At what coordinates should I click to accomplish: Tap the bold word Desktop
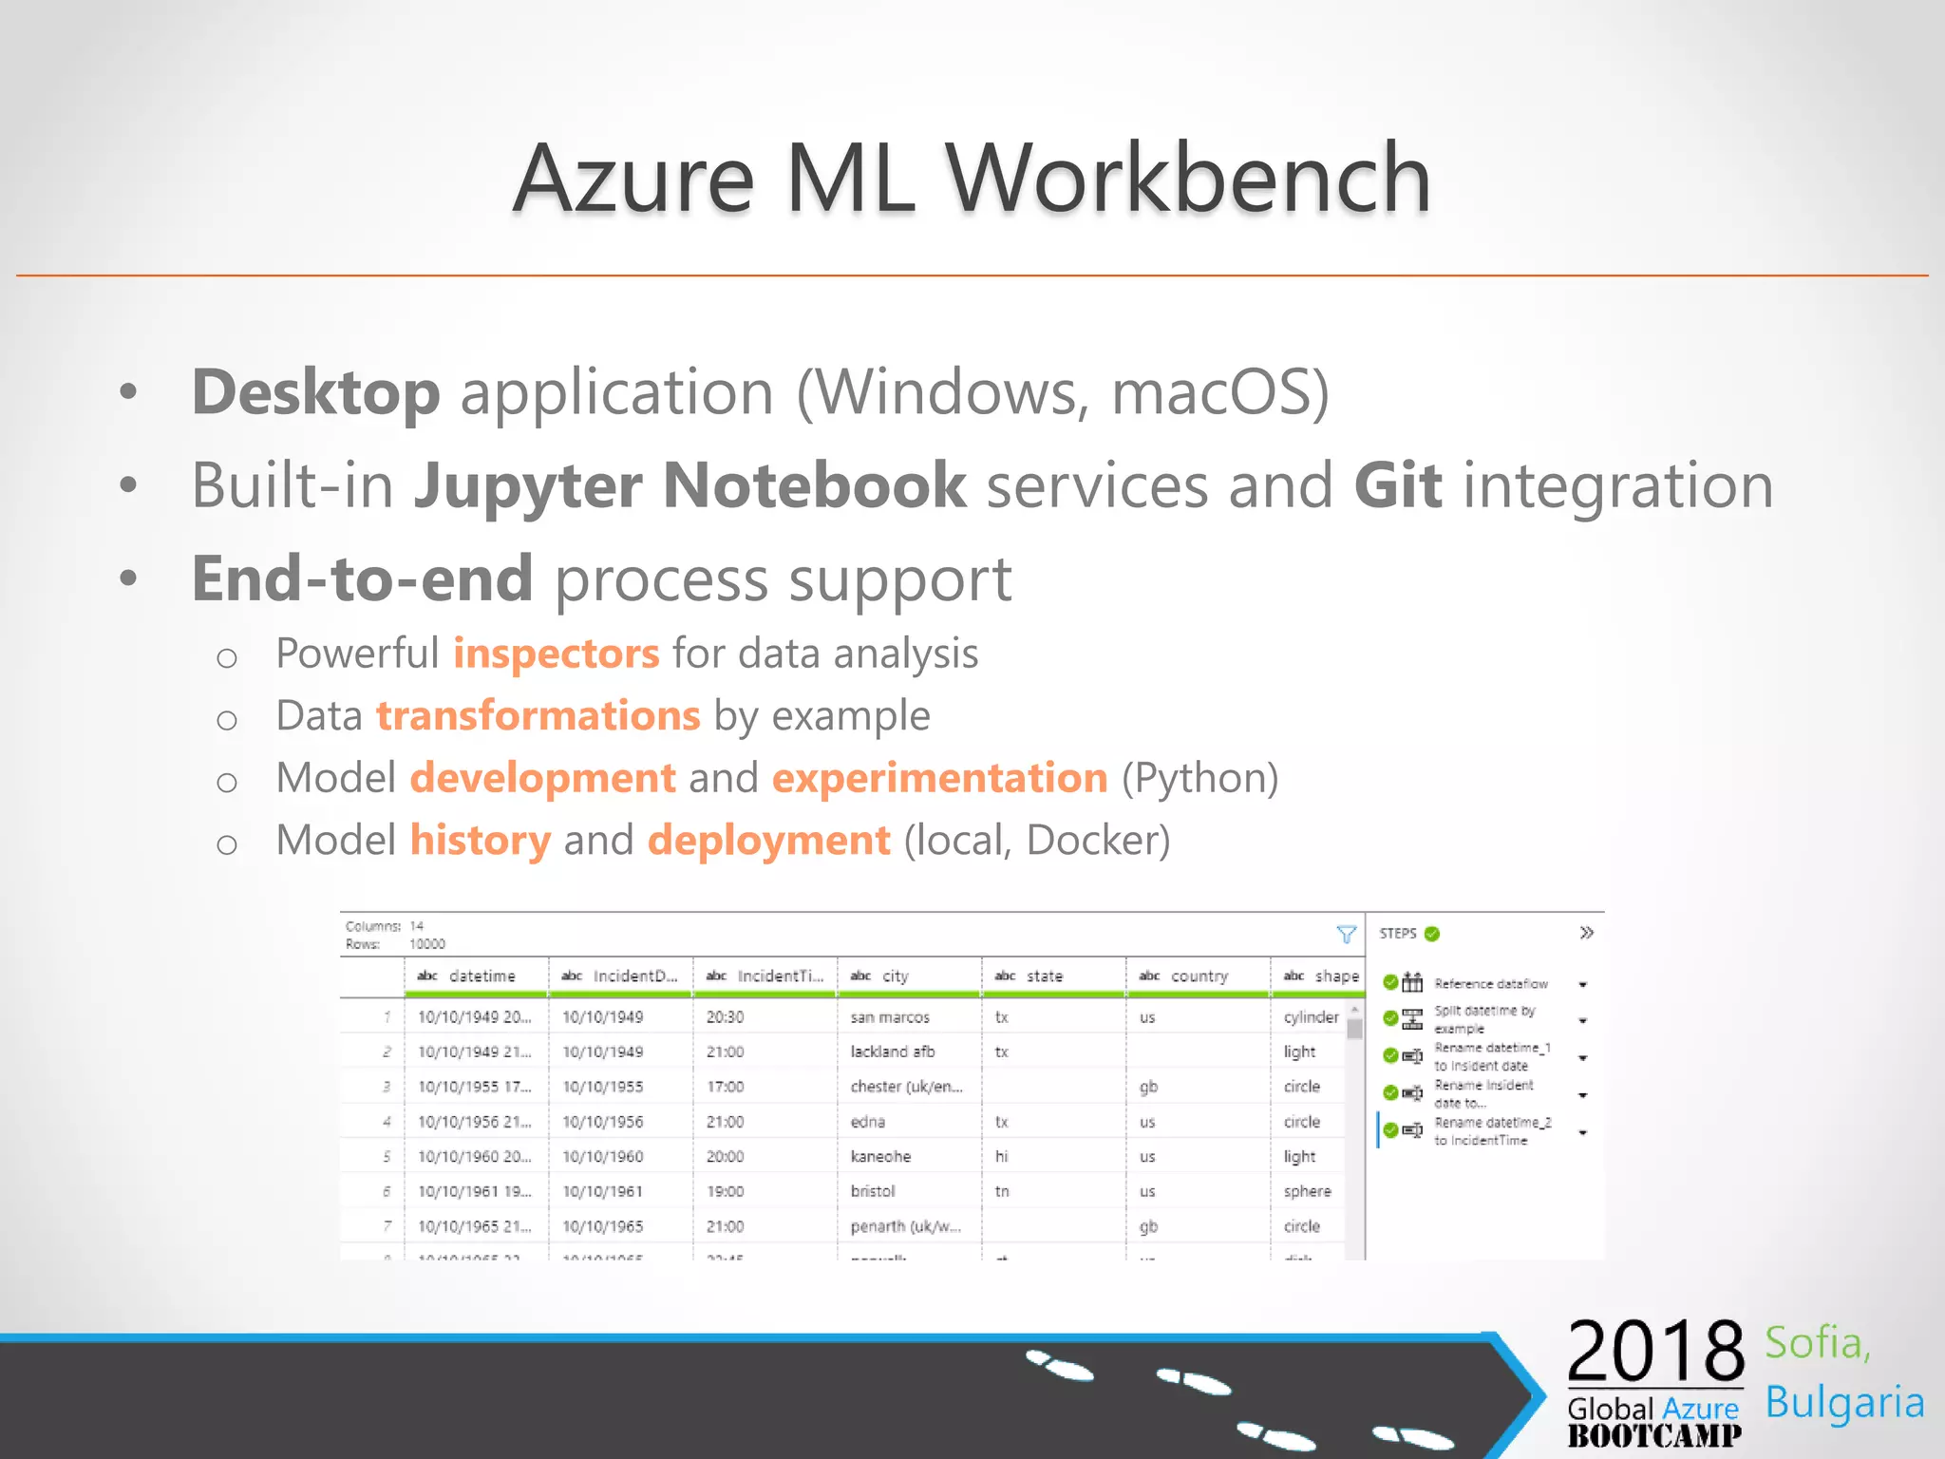pos(315,392)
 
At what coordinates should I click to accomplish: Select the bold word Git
pos(1397,485)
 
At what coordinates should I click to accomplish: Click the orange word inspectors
pos(556,654)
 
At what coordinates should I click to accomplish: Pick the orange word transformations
pos(538,715)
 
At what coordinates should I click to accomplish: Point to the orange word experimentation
pos(939,778)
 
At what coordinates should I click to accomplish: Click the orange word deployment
pos(768,841)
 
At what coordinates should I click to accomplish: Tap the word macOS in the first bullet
pos(1218,392)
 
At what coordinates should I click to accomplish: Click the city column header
pos(895,976)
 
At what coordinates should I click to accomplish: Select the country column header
pos(1199,976)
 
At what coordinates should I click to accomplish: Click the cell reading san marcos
pos(890,1017)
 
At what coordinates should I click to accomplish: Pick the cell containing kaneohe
pos(880,1157)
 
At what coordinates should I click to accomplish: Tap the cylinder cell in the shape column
pos(1311,1017)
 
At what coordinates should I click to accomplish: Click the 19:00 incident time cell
pos(725,1191)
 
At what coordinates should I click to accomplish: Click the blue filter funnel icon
pos(1346,935)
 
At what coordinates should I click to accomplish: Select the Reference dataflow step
pos(1490,984)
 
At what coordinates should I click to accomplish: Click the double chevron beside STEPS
pos(1586,933)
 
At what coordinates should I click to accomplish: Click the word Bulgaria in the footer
pos(1844,1403)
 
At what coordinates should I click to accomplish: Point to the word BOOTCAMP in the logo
pos(1654,1436)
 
